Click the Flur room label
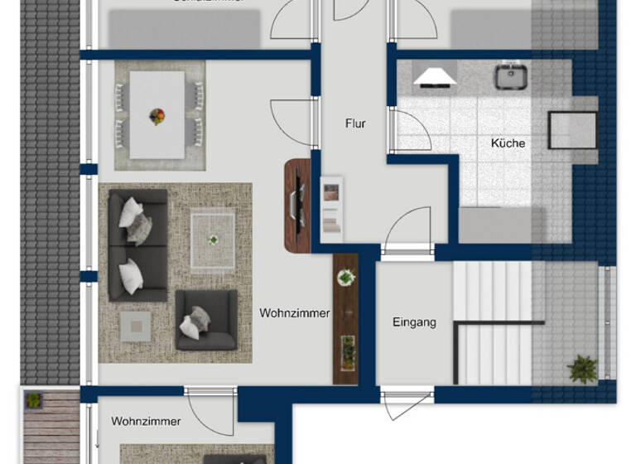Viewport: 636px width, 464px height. coord(355,123)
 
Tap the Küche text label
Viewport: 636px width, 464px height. coord(508,143)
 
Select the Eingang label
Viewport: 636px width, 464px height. coord(414,322)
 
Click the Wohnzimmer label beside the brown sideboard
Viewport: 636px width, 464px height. coord(295,313)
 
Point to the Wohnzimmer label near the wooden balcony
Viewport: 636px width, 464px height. coord(146,421)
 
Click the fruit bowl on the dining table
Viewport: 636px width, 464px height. coord(157,116)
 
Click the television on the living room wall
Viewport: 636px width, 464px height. coord(295,205)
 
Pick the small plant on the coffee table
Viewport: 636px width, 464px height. coord(213,240)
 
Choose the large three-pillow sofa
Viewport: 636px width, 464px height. coord(137,244)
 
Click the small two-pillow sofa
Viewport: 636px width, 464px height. coord(205,319)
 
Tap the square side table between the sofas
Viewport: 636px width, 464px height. coord(135,325)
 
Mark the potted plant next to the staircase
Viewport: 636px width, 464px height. coord(583,369)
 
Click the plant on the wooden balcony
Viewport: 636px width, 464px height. coord(33,400)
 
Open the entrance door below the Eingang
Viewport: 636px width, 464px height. coord(406,404)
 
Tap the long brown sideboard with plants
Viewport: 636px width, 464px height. coord(345,318)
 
